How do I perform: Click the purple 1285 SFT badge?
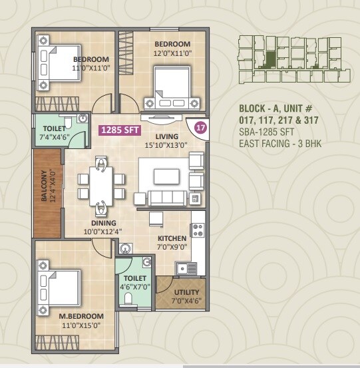click(117, 130)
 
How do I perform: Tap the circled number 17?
click(199, 126)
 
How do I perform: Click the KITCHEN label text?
click(172, 238)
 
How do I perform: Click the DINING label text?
click(104, 223)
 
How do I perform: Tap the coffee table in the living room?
click(166, 176)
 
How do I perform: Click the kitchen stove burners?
click(197, 231)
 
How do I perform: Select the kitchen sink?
click(186, 268)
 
